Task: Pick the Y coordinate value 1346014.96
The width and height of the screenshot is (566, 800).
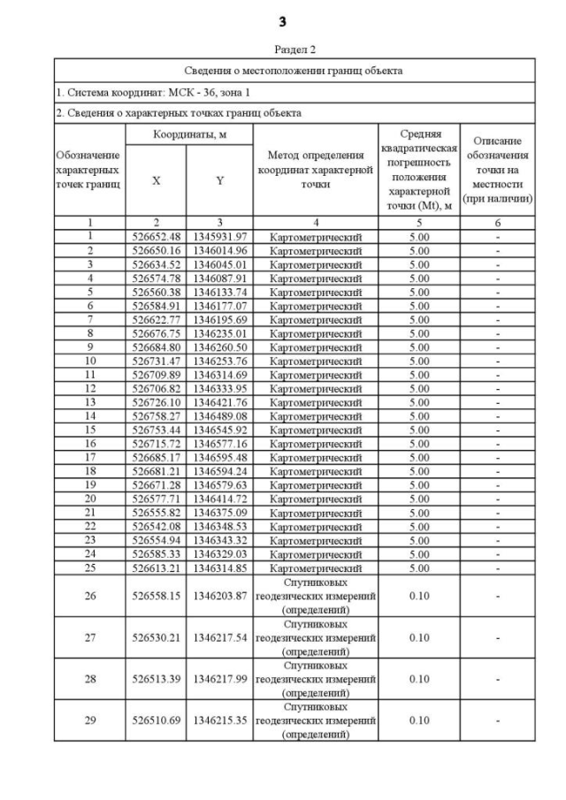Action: click(x=219, y=250)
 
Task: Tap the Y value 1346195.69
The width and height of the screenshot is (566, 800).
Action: click(x=219, y=320)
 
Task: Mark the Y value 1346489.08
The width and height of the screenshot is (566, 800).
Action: click(x=219, y=417)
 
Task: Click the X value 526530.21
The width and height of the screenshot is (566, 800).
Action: click(x=157, y=637)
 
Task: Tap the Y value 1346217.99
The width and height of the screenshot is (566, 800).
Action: click(x=219, y=679)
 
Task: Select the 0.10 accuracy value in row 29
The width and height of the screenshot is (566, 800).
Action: click(x=419, y=720)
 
